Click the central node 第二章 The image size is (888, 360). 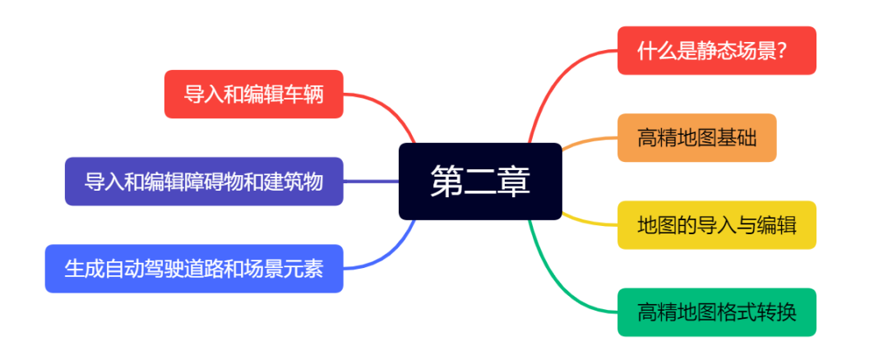480,182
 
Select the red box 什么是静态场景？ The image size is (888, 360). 716,50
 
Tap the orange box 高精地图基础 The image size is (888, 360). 696,137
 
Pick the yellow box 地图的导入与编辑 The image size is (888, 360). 716,224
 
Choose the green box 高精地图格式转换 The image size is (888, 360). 716,312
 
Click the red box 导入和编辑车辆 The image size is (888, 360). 253,94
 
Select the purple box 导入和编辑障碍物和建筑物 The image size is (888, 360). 204,182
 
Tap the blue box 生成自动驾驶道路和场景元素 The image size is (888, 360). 194,269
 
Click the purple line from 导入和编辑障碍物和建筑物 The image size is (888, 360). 370,182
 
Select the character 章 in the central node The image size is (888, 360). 513,182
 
